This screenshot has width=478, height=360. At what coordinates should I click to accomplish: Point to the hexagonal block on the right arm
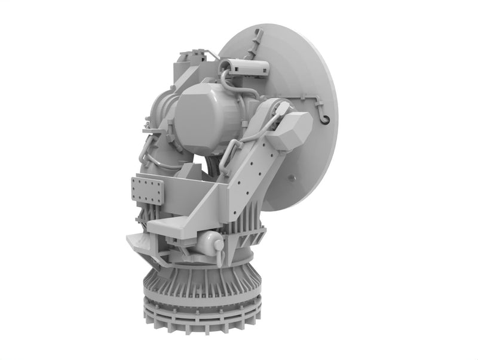(x=289, y=130)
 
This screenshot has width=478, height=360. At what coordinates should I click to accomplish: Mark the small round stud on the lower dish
(x=291, y=178)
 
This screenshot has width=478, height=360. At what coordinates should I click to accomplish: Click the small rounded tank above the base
(x=207, y=242)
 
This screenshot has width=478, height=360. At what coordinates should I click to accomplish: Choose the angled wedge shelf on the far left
(x=139, y=242)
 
